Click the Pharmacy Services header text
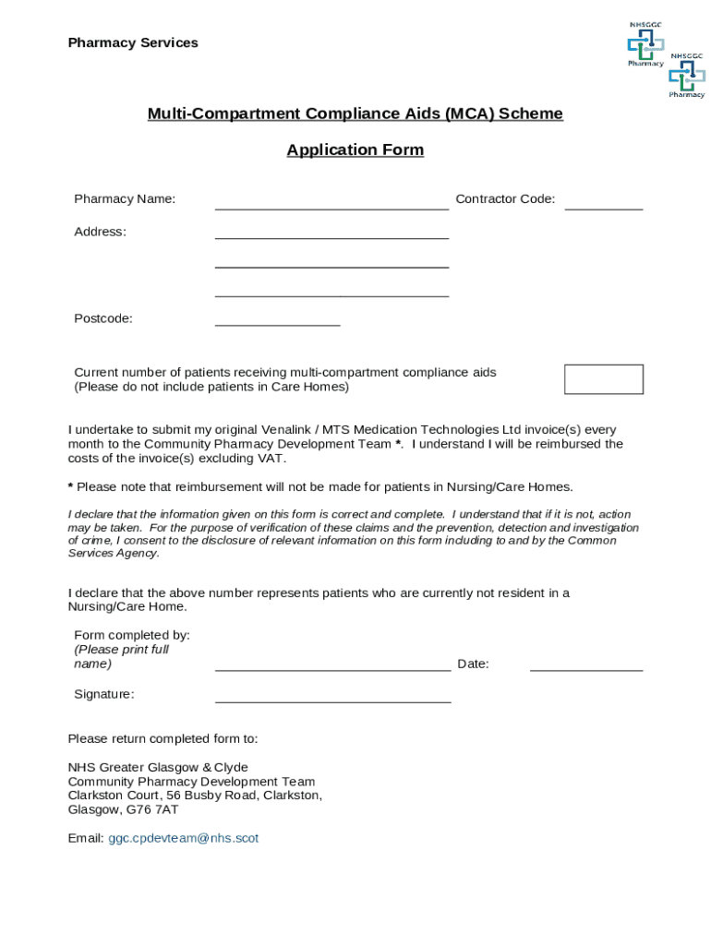[133, 43]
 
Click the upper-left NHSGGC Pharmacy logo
[645, 43]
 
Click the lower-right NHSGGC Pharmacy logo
[687, 75]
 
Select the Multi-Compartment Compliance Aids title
[355, 114]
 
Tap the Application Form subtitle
[355, 150]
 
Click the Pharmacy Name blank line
[331, 207]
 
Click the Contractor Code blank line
[603, 207]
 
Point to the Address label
[100, 232]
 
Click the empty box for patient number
[603, 379]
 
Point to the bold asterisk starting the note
[71, 487]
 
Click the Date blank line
[585, 668]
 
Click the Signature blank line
[332, 700]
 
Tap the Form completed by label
[132, 635]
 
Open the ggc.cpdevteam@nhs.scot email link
[183, 838]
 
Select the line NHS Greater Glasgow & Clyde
[158, 767]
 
